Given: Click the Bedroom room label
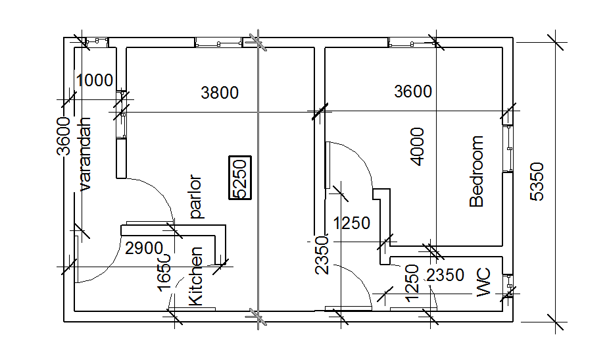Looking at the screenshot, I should tap(477, 172).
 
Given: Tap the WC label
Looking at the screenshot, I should tap(485, 282).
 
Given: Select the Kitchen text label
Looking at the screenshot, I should tap(196, 276).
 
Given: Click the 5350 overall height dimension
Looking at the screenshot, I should tap(537, 182).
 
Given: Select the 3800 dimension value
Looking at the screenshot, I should tap(220, 93).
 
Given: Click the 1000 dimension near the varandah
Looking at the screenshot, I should tap(95, 81).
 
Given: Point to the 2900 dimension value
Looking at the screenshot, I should tap(143, 249).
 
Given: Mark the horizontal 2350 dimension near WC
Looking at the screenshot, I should tap(446, 276).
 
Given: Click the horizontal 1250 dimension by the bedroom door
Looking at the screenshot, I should tap(352, 223).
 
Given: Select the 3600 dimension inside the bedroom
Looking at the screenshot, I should tap(413, 91).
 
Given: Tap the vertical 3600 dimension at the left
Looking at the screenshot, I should tap(63, 136).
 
